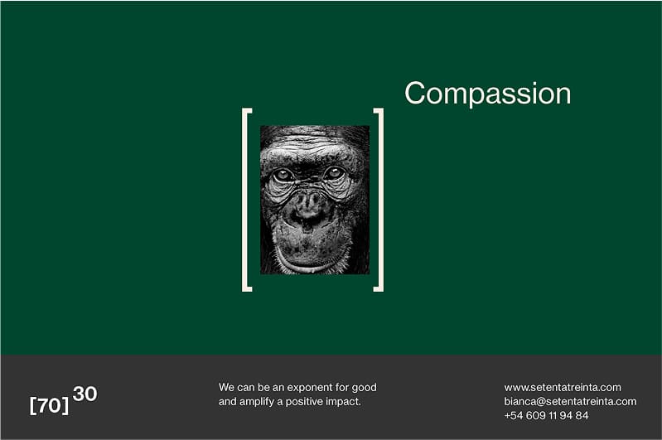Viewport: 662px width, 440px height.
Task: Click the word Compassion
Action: point(488,94)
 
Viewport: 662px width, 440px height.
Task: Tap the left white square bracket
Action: point(244,200)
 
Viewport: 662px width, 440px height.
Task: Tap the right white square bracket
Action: point(381,200)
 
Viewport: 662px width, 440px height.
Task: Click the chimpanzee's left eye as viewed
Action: point(283,175)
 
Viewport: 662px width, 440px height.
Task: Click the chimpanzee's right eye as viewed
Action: point(334,173)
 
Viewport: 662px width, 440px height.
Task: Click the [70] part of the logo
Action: point(49,405)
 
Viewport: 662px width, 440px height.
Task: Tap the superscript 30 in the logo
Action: point(85,394)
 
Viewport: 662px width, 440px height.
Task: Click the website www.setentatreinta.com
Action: point(563,388)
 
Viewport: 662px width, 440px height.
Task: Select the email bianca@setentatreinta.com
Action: point(570,402)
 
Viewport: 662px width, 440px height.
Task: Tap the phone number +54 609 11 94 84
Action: point(546,415)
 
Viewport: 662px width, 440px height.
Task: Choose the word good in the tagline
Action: point(364,388)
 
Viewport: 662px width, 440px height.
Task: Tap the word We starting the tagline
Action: point(226,388)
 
